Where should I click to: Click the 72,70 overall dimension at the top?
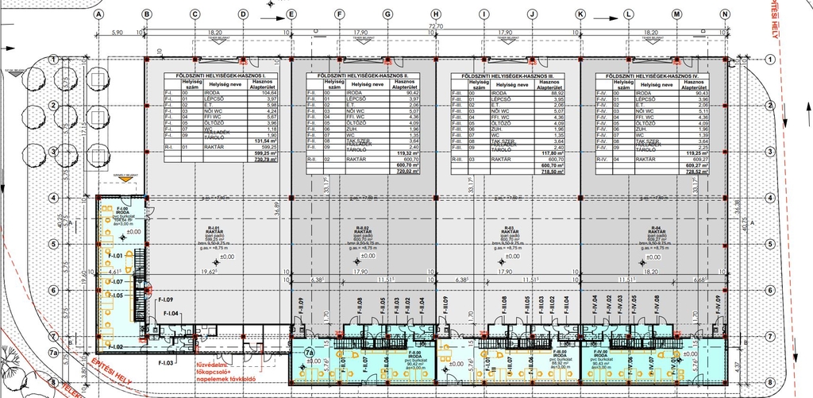pyautogui.click(x=434, y=26)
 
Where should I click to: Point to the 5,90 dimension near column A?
pyautogui.click(x=118, y=33)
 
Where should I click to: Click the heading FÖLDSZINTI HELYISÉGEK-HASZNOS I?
pyautogui.click(x=214, y=75)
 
